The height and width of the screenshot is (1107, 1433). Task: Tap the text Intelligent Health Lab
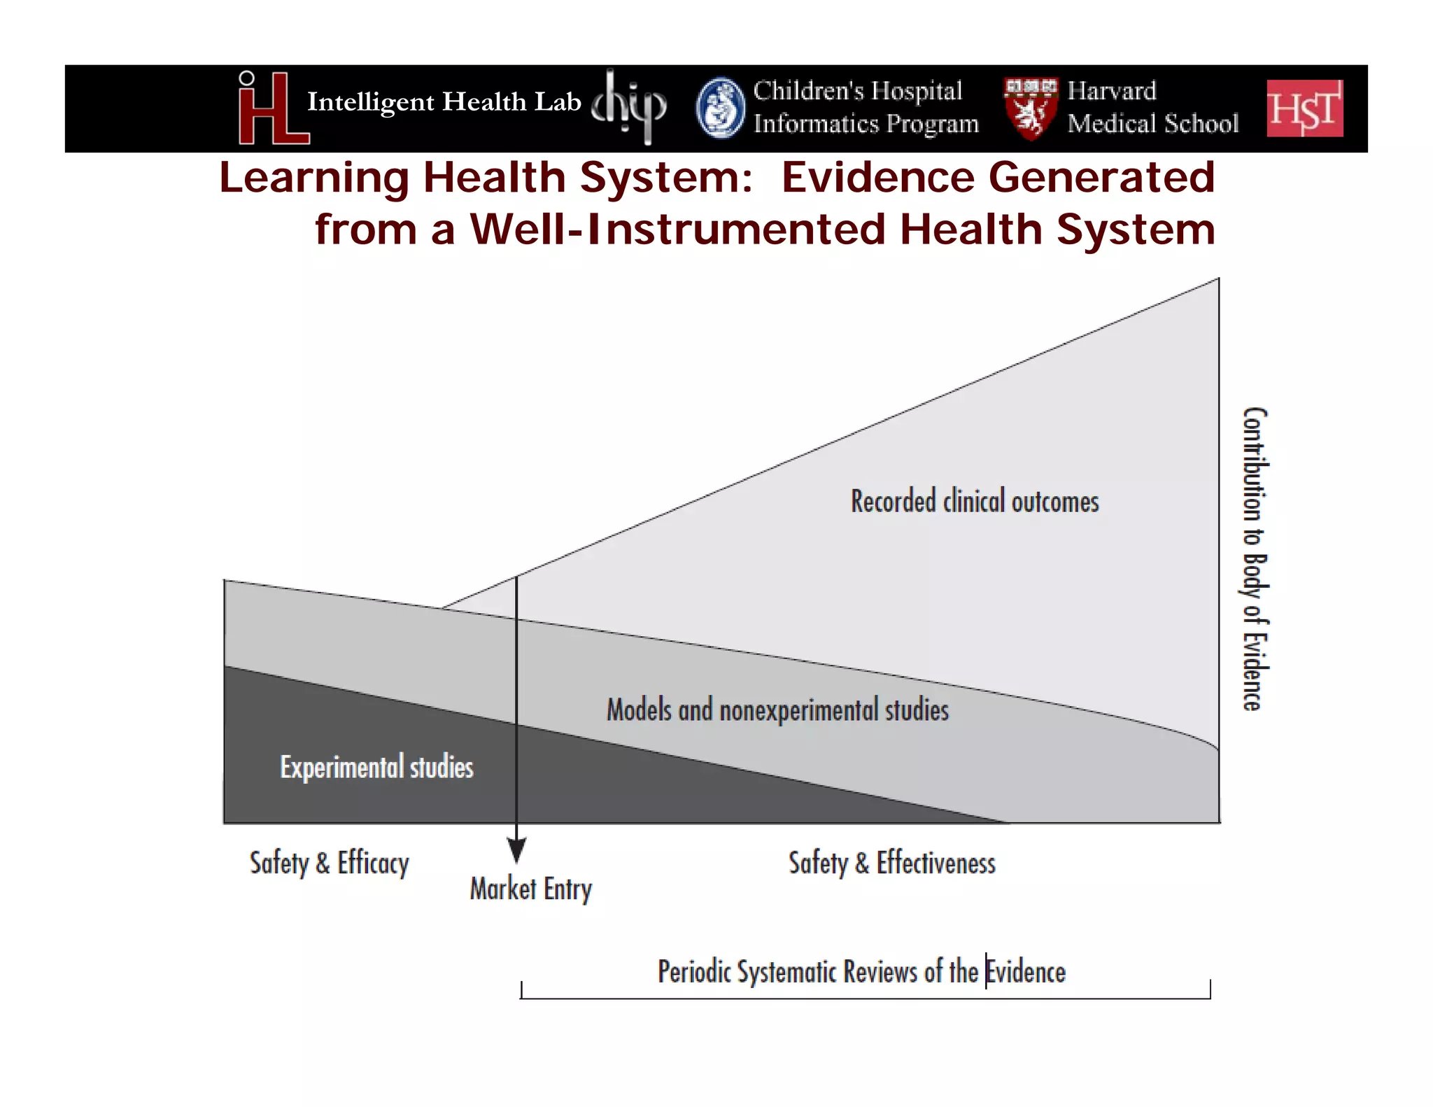[444, 102]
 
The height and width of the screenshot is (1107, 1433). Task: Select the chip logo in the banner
[629, 107]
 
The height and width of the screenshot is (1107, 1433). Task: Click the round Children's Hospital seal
[721, 108]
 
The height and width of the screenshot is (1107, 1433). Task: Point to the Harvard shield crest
[1030, 108]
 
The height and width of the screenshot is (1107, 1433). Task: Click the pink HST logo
[1304, 108]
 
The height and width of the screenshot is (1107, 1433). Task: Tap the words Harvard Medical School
[1152, 107]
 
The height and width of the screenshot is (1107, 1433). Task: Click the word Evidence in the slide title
[877, 177]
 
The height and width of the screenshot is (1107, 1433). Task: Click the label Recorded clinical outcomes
[974, 502]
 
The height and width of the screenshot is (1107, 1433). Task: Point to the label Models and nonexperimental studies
[777, 710]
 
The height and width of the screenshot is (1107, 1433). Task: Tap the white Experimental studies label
[376, 767]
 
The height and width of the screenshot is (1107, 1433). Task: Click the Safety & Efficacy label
[329, 863]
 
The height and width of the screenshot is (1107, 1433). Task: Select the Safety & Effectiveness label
[891, 863]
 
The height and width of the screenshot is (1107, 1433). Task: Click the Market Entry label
[530, 889]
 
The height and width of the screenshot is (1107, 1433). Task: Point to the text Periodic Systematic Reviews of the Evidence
[861, 972]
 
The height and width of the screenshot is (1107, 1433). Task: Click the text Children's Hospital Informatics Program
[865, 107]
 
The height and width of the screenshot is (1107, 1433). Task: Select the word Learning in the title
[313, 177]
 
